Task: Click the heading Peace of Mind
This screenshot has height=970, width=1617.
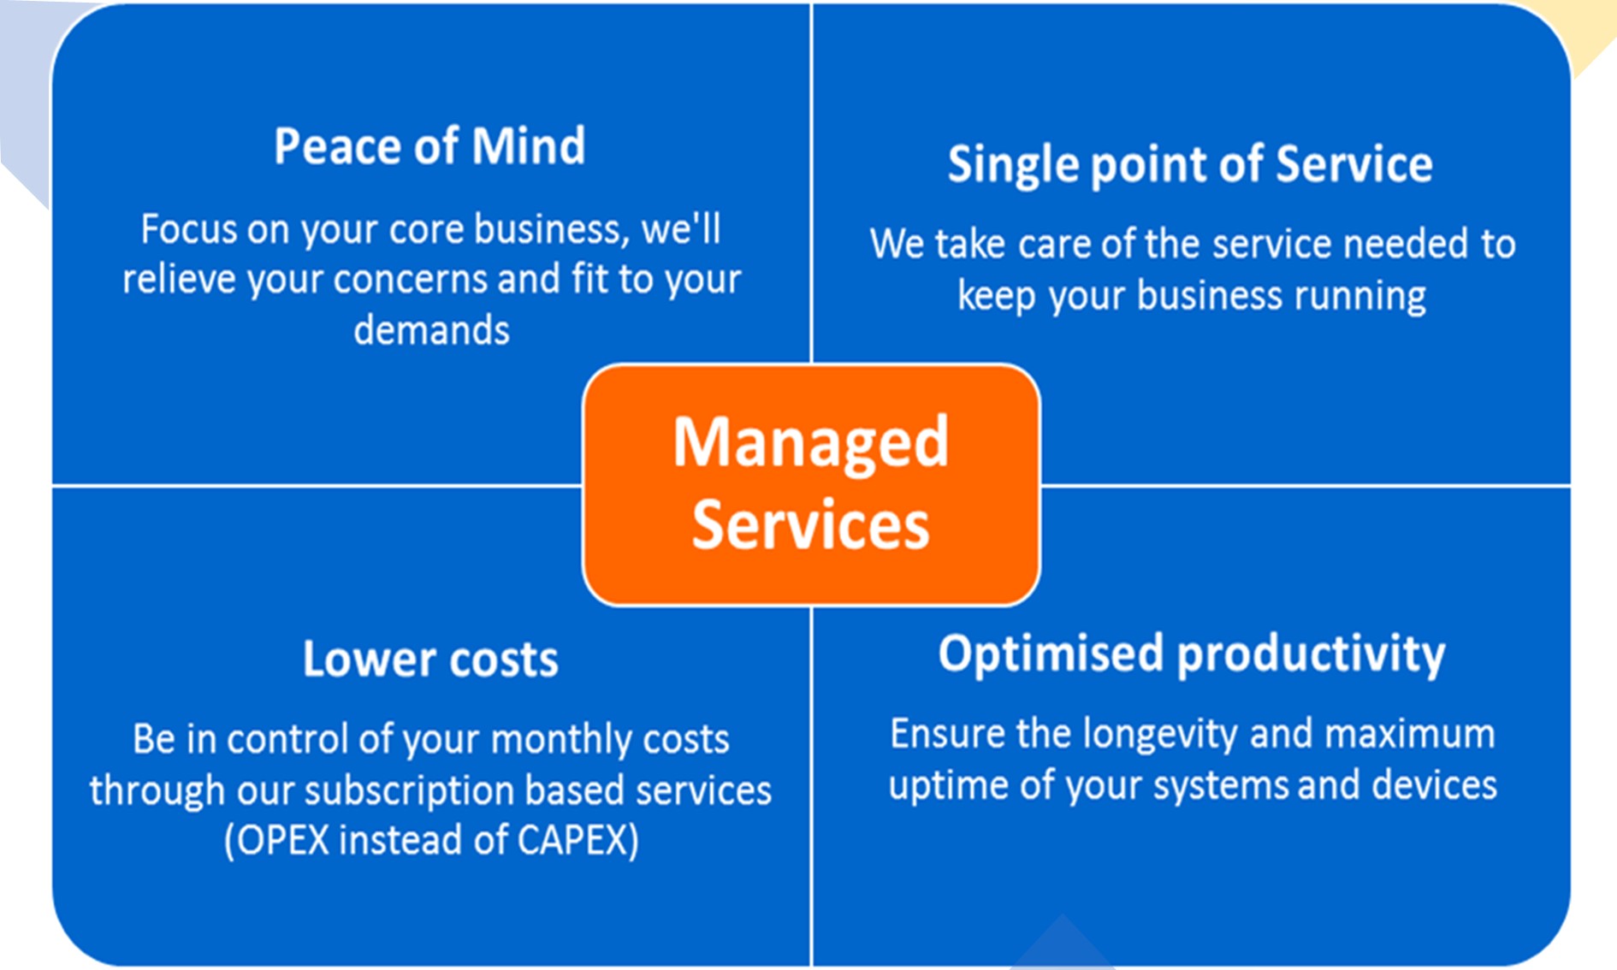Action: (429, 145)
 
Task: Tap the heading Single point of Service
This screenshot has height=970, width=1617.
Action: (1190, 164)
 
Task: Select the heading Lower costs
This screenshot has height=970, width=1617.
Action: (430, 659)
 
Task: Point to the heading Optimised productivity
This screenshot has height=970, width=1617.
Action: (1192, 655)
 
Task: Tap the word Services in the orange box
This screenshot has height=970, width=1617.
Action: (811, 524)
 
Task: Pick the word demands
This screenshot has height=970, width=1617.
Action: (431, 330)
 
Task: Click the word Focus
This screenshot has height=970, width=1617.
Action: (189, 229)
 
